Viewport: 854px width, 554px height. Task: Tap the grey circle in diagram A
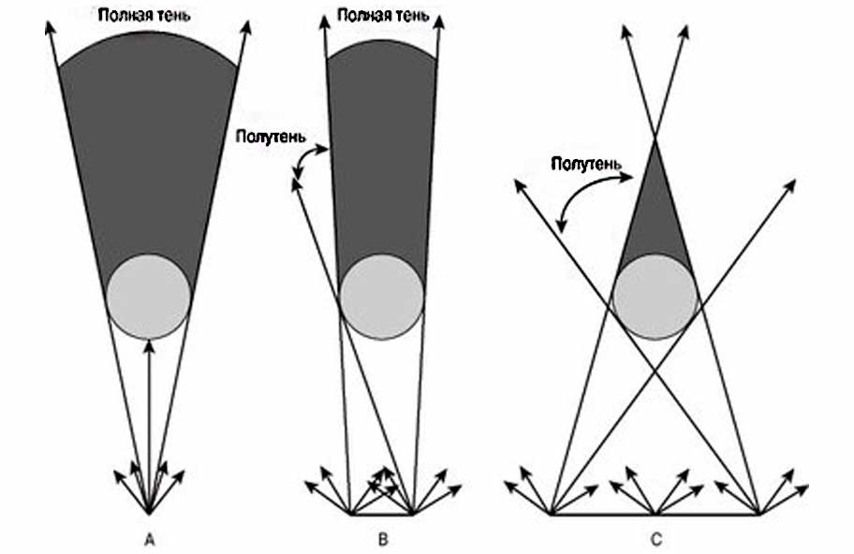148,296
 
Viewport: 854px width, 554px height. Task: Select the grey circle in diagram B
381,296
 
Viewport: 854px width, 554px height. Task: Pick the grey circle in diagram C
655,296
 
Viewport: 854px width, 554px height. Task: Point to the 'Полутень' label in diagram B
269,136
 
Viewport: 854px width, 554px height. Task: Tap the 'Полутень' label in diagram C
585,163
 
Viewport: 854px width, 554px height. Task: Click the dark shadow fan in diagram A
148,150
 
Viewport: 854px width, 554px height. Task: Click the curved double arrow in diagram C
585,192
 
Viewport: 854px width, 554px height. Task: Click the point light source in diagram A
148,513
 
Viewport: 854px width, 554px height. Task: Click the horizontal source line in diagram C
655,514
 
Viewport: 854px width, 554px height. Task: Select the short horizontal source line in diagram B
381,514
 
